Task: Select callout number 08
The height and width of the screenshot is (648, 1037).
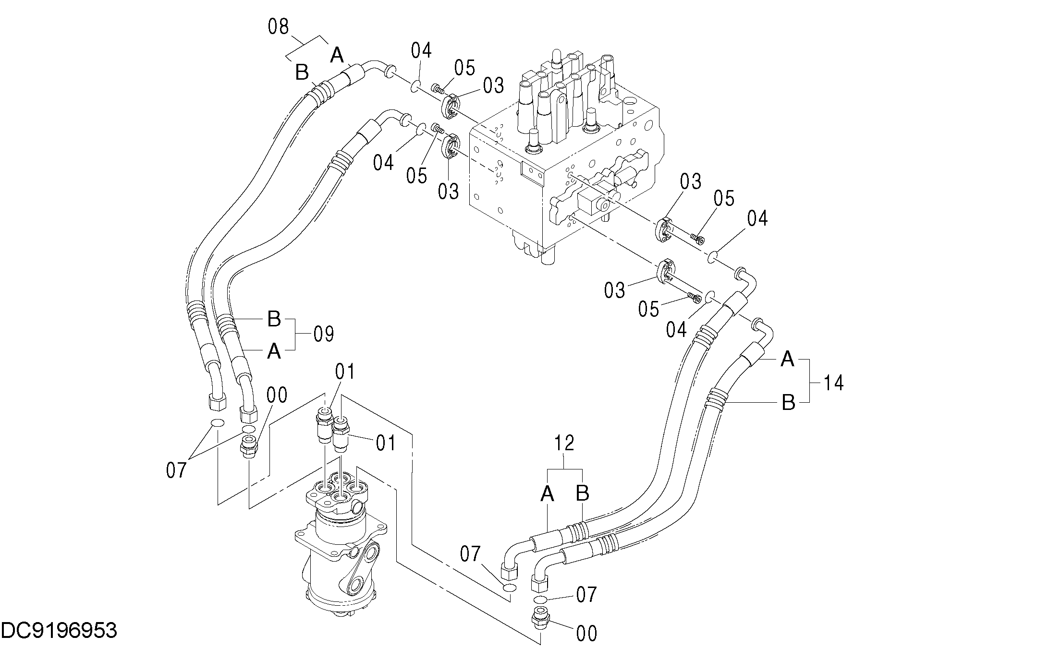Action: pos(278,27)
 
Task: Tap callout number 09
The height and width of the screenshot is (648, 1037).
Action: pos(323,334)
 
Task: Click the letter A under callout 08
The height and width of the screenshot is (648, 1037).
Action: pos(337,56)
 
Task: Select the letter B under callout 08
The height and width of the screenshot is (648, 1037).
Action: pos(302,73)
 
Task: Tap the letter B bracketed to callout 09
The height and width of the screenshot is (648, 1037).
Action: pos(274,319)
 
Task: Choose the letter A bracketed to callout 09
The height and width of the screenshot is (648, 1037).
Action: pos(274,352)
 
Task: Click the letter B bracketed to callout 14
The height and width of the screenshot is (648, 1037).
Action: pos(788,402)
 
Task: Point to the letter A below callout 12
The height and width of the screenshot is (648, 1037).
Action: pos(547,493)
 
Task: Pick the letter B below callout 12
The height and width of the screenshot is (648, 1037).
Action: pos(582,493)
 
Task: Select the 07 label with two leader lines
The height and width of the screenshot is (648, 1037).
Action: pos(176,470)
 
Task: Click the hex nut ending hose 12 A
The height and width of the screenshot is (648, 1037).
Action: pos(509,571)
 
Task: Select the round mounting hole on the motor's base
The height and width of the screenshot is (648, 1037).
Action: pos(355,587)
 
